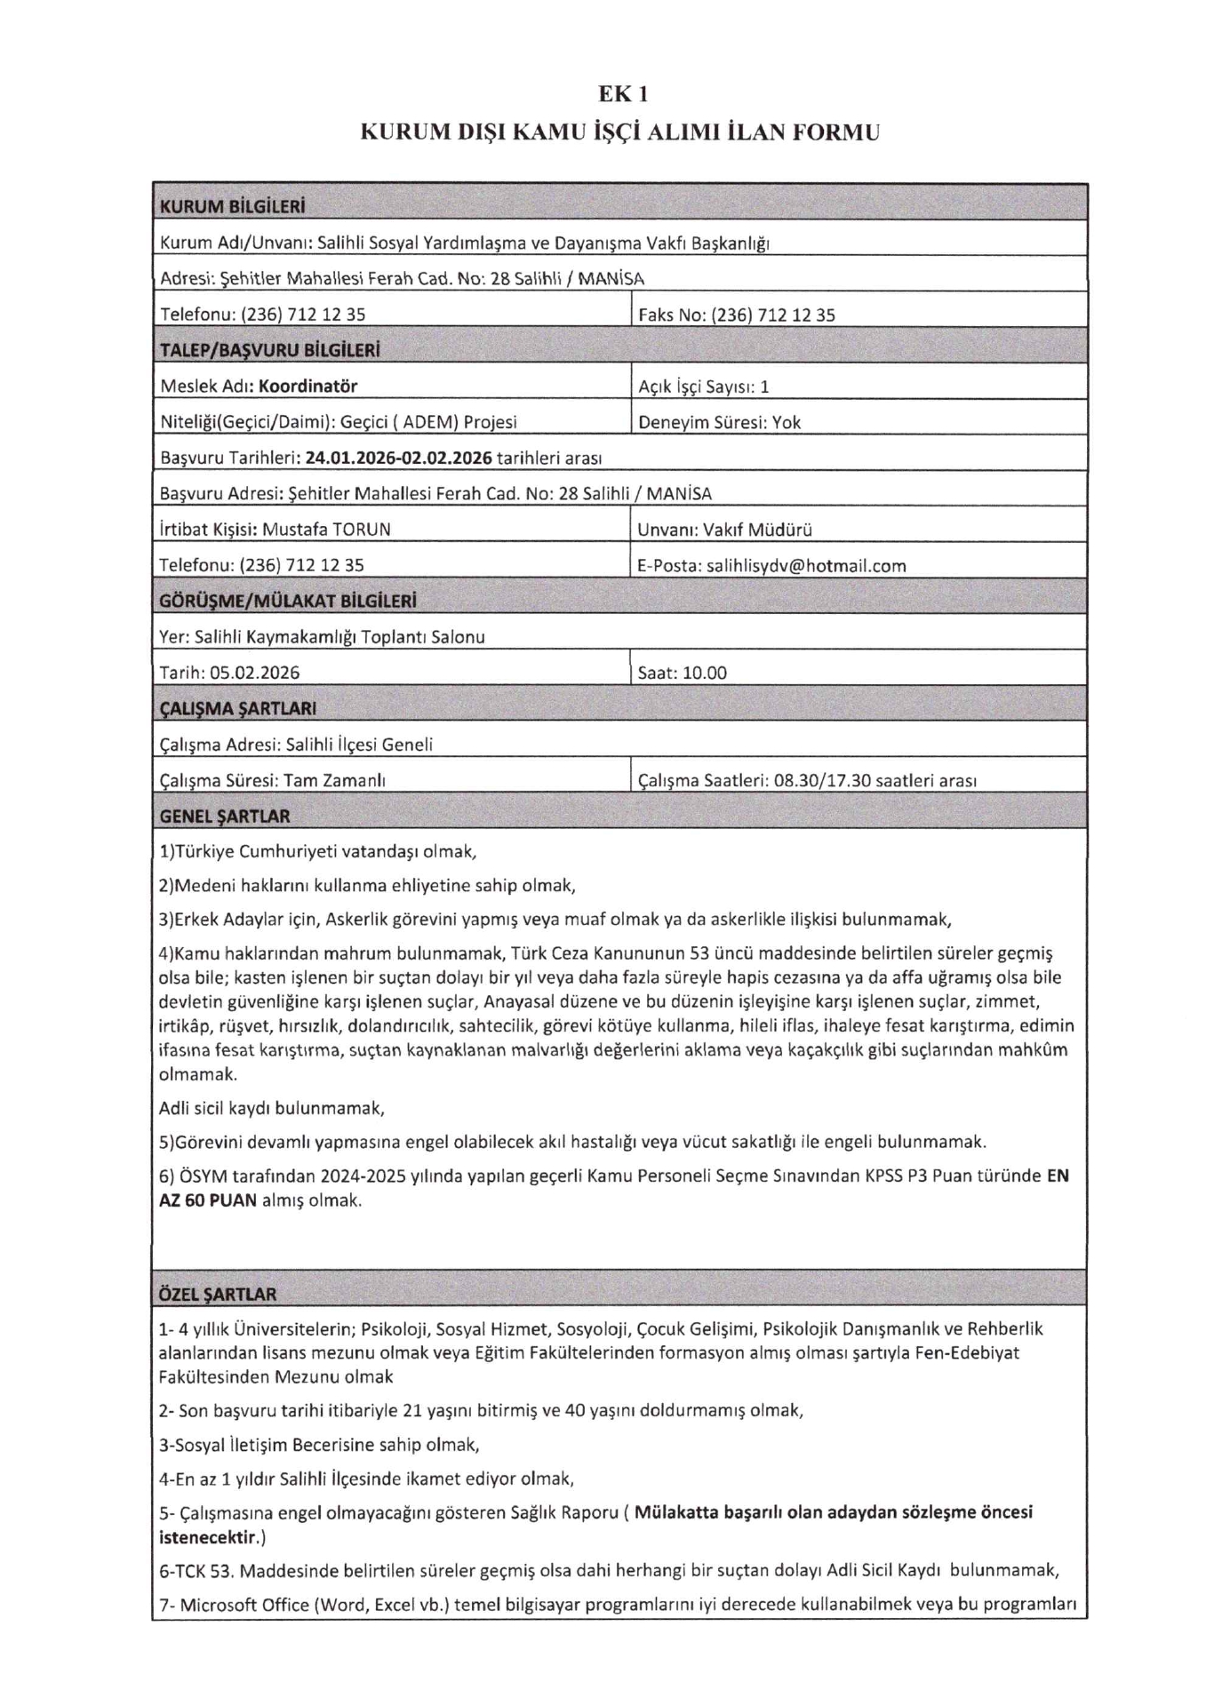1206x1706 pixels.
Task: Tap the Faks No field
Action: tap(737, 315)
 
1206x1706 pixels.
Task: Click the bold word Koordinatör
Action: tap(308, 387)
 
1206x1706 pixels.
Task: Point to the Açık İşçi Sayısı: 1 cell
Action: tap(703, 387)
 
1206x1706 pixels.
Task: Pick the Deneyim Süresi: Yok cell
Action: tap(719, 423)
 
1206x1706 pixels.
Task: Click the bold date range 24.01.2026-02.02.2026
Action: tap(398, 458)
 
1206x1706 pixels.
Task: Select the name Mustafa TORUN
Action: tap(326, 530)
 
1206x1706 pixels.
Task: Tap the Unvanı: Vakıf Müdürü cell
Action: tap(724, 530)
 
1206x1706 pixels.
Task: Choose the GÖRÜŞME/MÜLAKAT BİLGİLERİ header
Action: tap(288, 602)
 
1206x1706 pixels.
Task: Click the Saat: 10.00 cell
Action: tap(682, 674)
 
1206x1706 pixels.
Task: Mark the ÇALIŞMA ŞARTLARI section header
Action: tap(237, 709)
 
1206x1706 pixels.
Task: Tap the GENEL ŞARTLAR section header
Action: tap(224, 816)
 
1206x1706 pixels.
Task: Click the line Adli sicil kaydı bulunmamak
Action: tap(271, 1108)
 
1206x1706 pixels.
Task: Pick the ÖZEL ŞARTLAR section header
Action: tap(217, 1295)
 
